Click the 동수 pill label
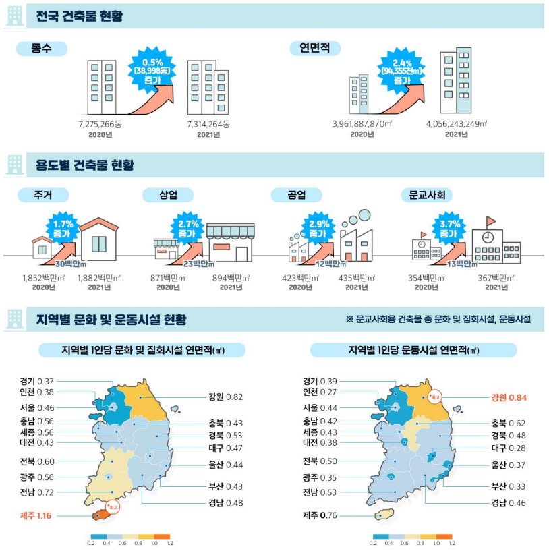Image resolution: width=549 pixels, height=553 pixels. click(41, 48)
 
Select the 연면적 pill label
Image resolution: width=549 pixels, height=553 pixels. click(315, 48)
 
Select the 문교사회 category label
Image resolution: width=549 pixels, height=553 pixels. click(426, 195)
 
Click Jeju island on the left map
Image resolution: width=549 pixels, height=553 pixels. click(99, 515)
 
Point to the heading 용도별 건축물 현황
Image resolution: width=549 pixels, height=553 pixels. click(84, 165)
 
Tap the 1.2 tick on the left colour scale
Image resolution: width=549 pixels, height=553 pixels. click(169, 542)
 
